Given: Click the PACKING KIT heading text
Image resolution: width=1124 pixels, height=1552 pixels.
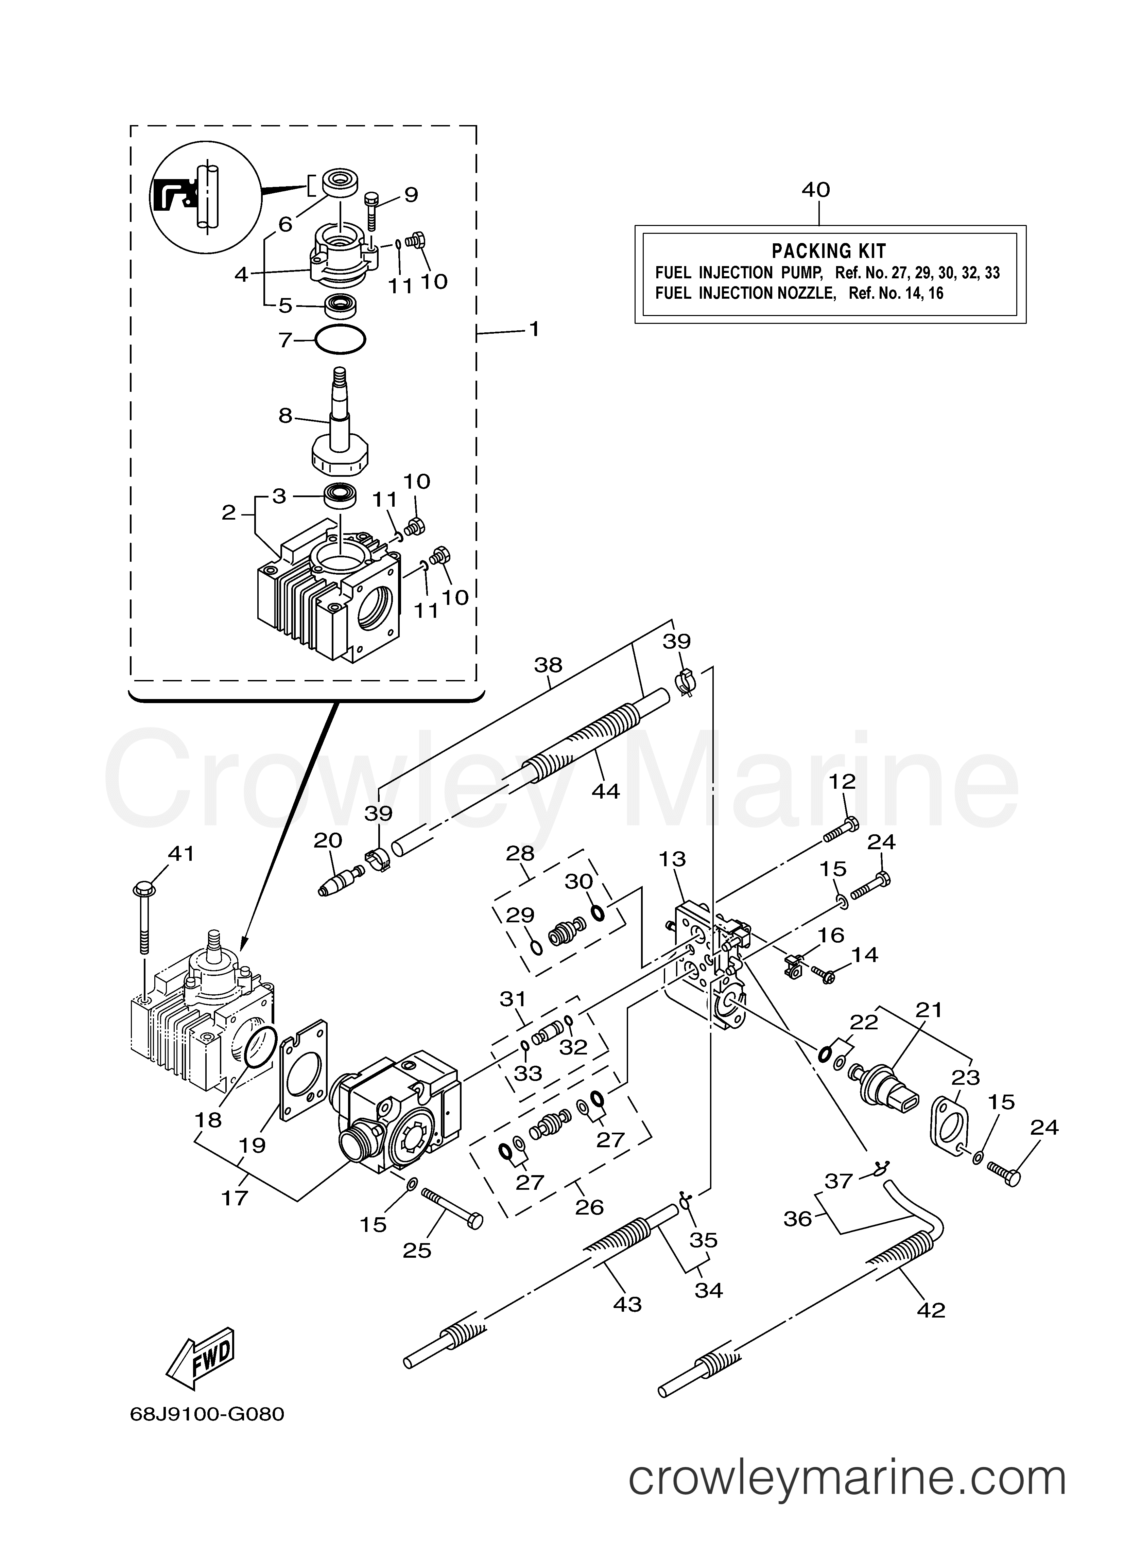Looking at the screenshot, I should pos(829,251).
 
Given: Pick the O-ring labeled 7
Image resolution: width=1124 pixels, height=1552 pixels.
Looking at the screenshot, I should pos(340,340).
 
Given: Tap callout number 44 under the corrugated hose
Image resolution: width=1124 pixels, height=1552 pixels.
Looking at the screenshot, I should pos(605,791).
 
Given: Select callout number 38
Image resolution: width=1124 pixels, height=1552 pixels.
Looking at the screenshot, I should pos(548,664).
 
